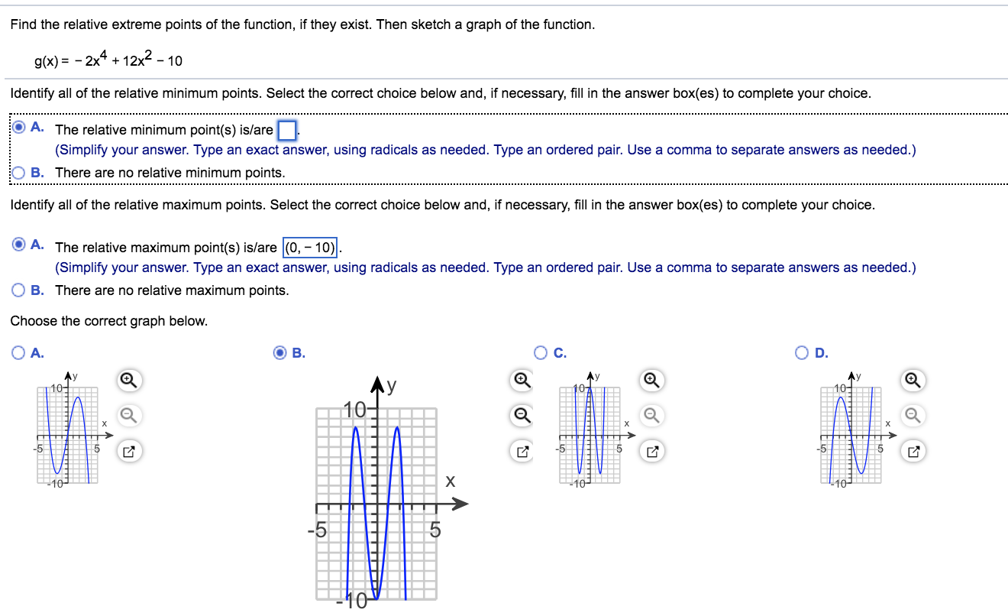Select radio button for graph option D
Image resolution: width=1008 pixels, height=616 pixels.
click(x=801, y=352)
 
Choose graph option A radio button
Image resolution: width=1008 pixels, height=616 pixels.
click(x=18, y=352)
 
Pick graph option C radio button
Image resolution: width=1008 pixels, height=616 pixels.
click(x=541, y=352)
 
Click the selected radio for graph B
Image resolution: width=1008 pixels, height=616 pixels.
click(x=280, y=352)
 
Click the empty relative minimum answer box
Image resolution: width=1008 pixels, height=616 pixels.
click(x=286, y=130)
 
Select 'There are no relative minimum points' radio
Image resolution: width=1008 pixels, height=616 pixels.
click(x=18, y=173)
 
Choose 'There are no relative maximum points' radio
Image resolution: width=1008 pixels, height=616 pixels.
click(x=18, y=290)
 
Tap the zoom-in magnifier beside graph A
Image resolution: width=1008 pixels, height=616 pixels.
click(x=128, y=379)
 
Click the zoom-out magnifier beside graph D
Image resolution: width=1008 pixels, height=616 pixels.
click(x=914, y=415)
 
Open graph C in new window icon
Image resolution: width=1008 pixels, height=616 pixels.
click(x=654, y=452)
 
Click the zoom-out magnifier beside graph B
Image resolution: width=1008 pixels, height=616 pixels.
click(x=522, y=415)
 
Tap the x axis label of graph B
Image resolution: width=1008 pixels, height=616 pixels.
click(x=451, y=481)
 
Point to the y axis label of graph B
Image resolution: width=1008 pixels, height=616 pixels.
click(x=391, y=387)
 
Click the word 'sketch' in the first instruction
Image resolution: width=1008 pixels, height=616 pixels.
click(x=428, y=24)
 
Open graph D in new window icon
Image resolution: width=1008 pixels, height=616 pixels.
click(x=914, y=452)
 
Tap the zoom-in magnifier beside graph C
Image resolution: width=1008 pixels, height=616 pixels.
click(x=654, y=379)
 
